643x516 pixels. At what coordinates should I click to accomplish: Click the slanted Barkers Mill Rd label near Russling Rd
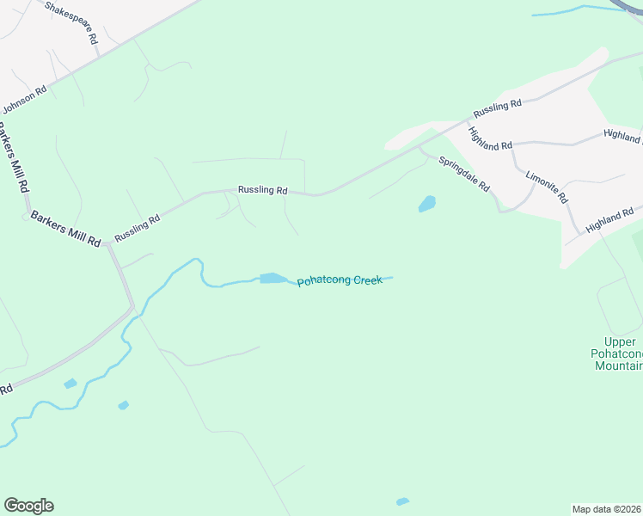[x=65, y=229]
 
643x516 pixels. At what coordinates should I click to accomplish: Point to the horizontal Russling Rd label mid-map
[x=262, y=190]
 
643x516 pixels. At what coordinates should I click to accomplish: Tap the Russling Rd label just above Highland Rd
[x=497, y=109]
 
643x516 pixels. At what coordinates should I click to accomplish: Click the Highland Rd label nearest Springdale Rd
[x=490, y=139]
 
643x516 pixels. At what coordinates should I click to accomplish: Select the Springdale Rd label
[x=464, y=174]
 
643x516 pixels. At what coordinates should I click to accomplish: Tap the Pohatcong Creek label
[x=340, y=280]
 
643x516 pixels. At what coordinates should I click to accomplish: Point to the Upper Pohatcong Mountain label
[x=618, y=353]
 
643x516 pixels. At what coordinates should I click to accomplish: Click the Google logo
[x=28, y=506]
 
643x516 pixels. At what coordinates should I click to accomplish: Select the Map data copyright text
[x=607, y=508]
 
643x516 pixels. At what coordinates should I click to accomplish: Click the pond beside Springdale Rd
[x=426, y=204]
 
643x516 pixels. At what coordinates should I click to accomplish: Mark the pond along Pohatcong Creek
[x=273, y=278]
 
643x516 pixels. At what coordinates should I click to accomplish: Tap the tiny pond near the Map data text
[x=401, y=501]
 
